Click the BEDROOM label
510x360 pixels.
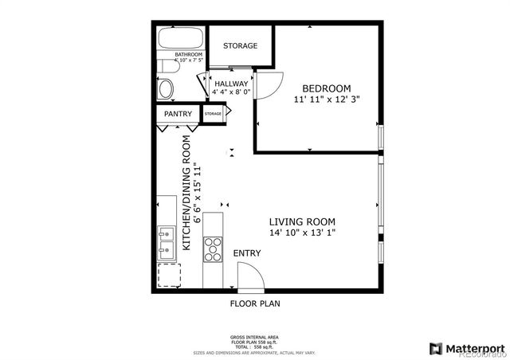coord(327,88)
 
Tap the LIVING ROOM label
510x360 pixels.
coord(301,222)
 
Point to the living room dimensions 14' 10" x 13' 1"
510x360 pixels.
coord(301,233)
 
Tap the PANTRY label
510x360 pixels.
coord(178,115)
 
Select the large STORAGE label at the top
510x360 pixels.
coord(240,46)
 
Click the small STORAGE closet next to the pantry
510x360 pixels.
coord(214,115)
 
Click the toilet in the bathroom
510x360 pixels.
coord(167,88)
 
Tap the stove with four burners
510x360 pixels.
coord(214,250)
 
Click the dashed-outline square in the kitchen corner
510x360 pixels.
coord(169,276)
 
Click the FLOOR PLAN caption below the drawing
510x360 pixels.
coord(255,303)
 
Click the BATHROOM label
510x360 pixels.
coord(177,55)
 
